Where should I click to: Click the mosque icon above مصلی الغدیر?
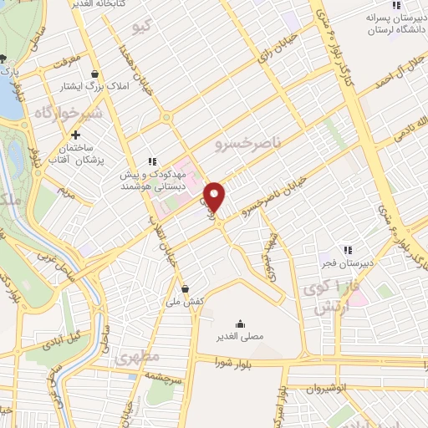tap(240, 324)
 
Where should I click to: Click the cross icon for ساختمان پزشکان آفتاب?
tap(76, 135)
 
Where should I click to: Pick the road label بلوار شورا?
tap(234, 363)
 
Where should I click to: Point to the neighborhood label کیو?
tap(143, 28)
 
